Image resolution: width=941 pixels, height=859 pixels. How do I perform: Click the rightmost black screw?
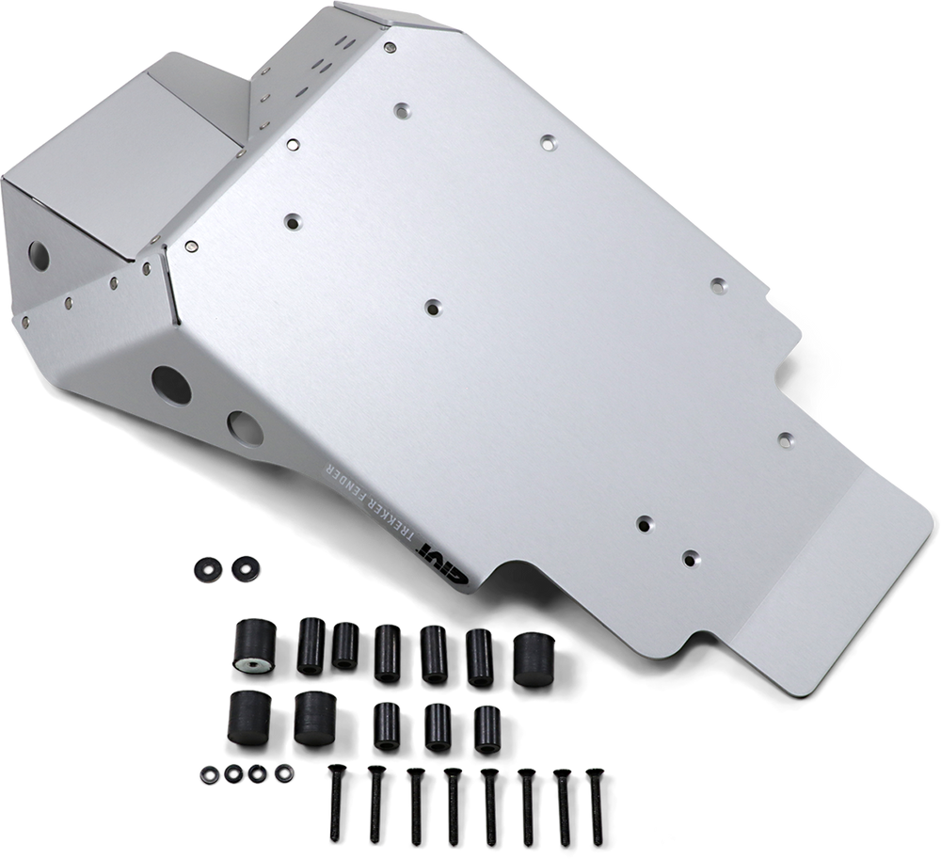[x=596, y=802]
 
